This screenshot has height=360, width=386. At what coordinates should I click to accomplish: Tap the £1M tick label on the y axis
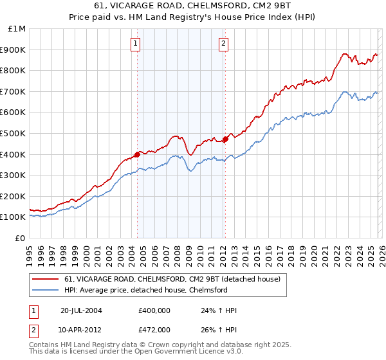tap(17, 29)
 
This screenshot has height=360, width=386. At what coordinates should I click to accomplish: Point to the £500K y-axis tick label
tap(14, 133)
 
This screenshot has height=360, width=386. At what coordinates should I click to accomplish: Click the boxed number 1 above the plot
tap(137, 44)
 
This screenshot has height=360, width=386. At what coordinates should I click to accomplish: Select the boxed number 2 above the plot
tap(223, 44)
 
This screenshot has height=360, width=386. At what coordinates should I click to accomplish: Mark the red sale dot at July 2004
tap(138, 154)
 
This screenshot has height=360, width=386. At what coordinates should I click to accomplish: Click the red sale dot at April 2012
tap(225, 139)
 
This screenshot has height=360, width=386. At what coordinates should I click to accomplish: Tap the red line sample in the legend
tap(45, 280)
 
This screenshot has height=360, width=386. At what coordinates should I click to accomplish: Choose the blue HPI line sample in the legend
tap(45, 291)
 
